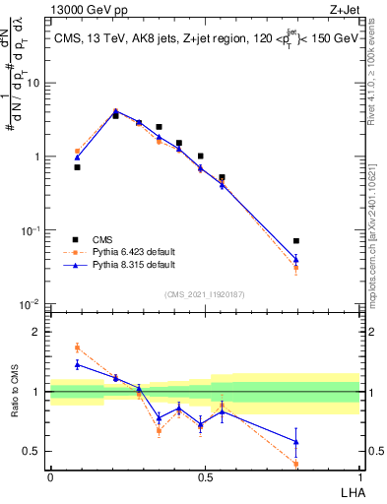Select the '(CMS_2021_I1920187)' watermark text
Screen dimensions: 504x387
coord(205,292)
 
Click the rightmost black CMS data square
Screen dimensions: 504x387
coord(296,241)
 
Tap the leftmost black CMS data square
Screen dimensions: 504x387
coord(77,167)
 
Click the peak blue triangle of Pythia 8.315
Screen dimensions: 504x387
coord(115,112)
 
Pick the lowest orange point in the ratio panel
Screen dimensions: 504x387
coord(296,464)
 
